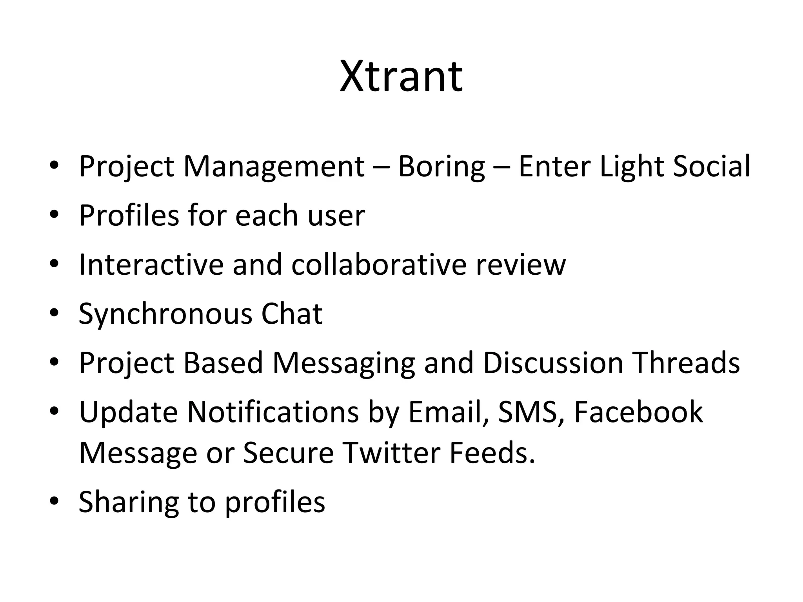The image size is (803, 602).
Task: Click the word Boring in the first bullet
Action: click(441, 166)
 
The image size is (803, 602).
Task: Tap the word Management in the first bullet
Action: click(274, 166)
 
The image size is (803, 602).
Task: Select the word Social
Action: click(711, 166)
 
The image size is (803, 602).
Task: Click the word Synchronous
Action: click(165, 314)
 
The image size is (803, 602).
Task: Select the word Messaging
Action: click(343, 363)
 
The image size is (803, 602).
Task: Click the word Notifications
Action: click(273, 412)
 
